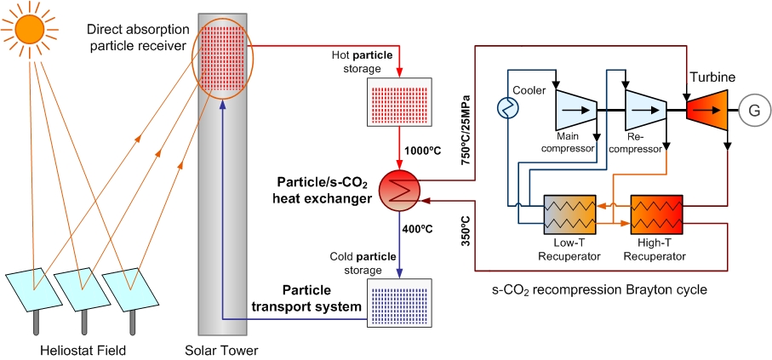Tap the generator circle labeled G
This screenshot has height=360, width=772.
(752, 110)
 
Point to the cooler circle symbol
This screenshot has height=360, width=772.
(508, 107)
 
